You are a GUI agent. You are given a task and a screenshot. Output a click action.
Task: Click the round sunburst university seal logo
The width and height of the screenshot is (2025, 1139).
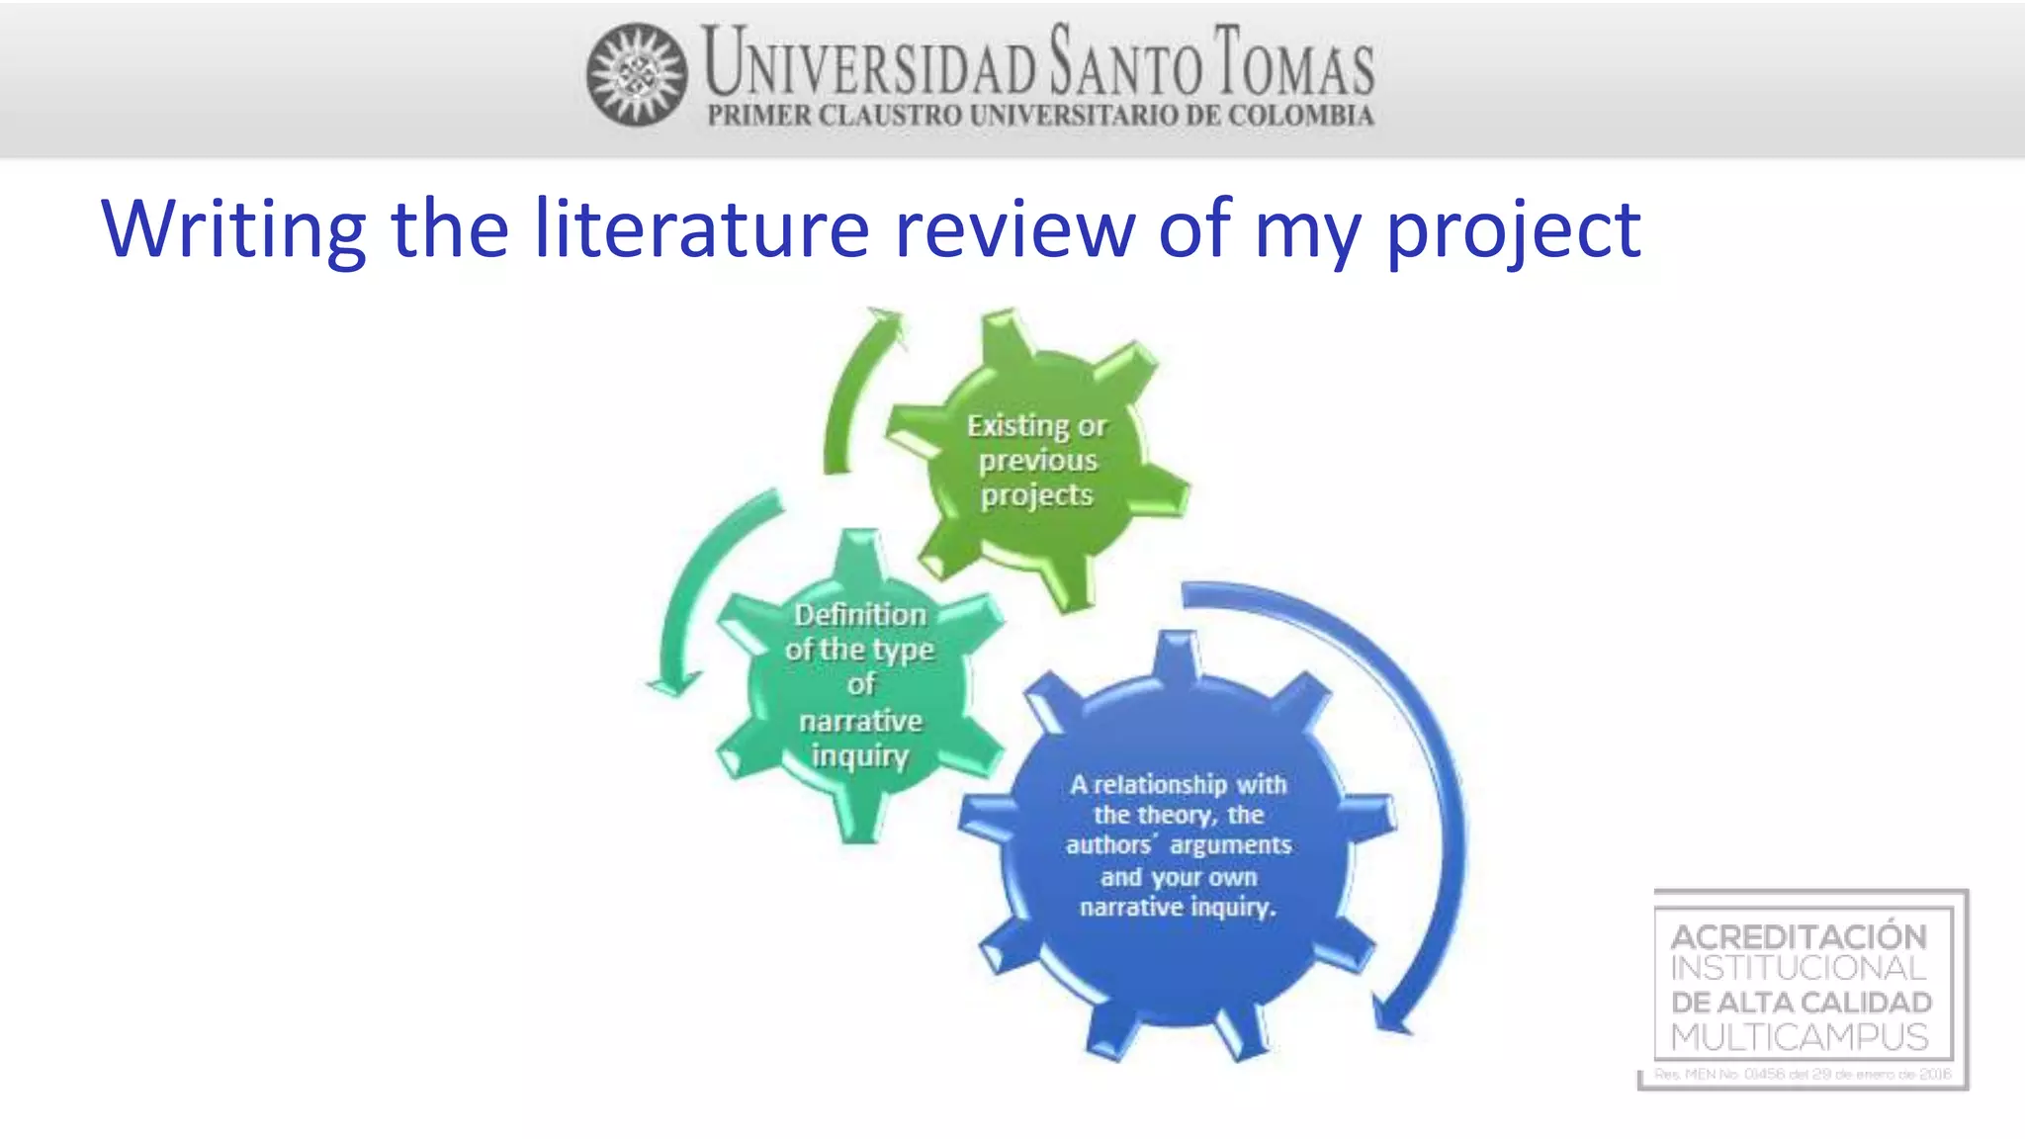point(637,75)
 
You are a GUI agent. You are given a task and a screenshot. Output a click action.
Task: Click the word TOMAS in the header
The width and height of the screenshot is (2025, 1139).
point(1294,63)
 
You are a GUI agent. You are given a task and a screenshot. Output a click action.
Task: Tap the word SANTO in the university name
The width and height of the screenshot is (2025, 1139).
point(1126,63)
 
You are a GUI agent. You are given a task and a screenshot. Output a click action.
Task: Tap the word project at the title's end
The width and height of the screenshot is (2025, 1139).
point(1513,230)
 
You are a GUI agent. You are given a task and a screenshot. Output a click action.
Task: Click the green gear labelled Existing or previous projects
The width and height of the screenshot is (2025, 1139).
point(1038,460)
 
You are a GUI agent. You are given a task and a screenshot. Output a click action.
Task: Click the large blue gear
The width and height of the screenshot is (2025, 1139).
point(1177,846)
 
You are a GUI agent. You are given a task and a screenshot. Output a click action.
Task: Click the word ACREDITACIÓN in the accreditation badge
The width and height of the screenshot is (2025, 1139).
point(1799,935)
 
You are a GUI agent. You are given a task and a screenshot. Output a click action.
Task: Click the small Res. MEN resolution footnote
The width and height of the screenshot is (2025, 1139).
point(1802,1074)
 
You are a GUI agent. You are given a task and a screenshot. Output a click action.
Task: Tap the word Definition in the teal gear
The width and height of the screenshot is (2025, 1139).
point(860,615)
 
